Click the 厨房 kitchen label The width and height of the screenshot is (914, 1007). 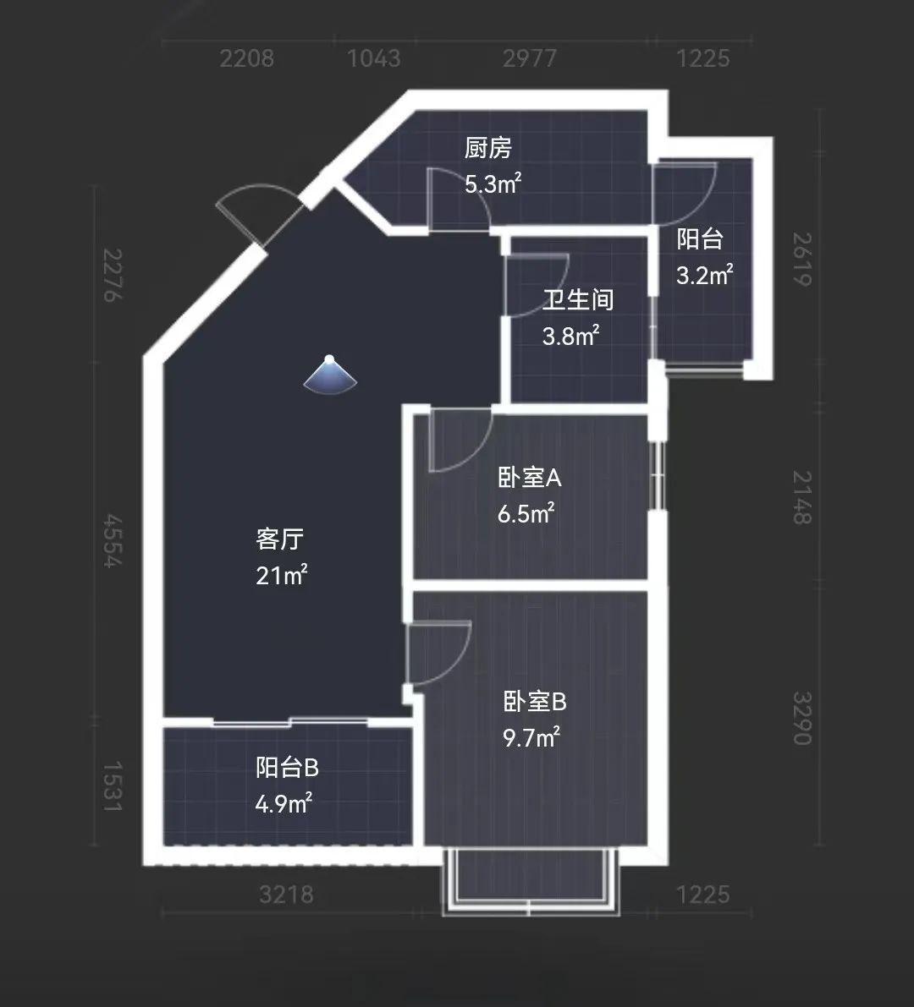pyautogui.click(x=487, y=148)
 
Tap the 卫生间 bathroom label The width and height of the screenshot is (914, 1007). pyautogui.click(x=577, y=300)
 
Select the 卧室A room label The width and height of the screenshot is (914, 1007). pyautogui.click(x=529, y=477)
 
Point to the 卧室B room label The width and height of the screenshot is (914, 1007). pyautogui.click(x=534, y=702)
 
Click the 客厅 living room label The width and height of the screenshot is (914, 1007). pyautogui.click(x=279, y=539)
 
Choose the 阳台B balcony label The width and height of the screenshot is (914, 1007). pyautogui.click(x=287, y=768)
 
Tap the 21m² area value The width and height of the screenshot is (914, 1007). pyautogui.click(x=282, y=575)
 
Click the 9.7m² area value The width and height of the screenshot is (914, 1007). pyautogui.click(x=531, y=737)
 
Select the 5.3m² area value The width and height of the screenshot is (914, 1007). pyautogui.click(x=493, y=183)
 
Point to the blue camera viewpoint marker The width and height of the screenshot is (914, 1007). pyautogui.click(x=330, y=375)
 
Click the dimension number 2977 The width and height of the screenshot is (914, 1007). pyautogui.click(x=529, y=58)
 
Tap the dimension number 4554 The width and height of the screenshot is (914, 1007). pyautogui.click(x=113, y=540)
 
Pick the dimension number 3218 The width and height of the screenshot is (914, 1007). pyautogui.click(x=286, y=894)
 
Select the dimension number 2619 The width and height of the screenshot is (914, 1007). pyautogui.click(x=801, y=259)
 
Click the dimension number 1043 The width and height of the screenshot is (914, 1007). pyautogui.click(x=373, y=58)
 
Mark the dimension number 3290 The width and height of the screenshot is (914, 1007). pyautogui.click(x=801, y=718)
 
